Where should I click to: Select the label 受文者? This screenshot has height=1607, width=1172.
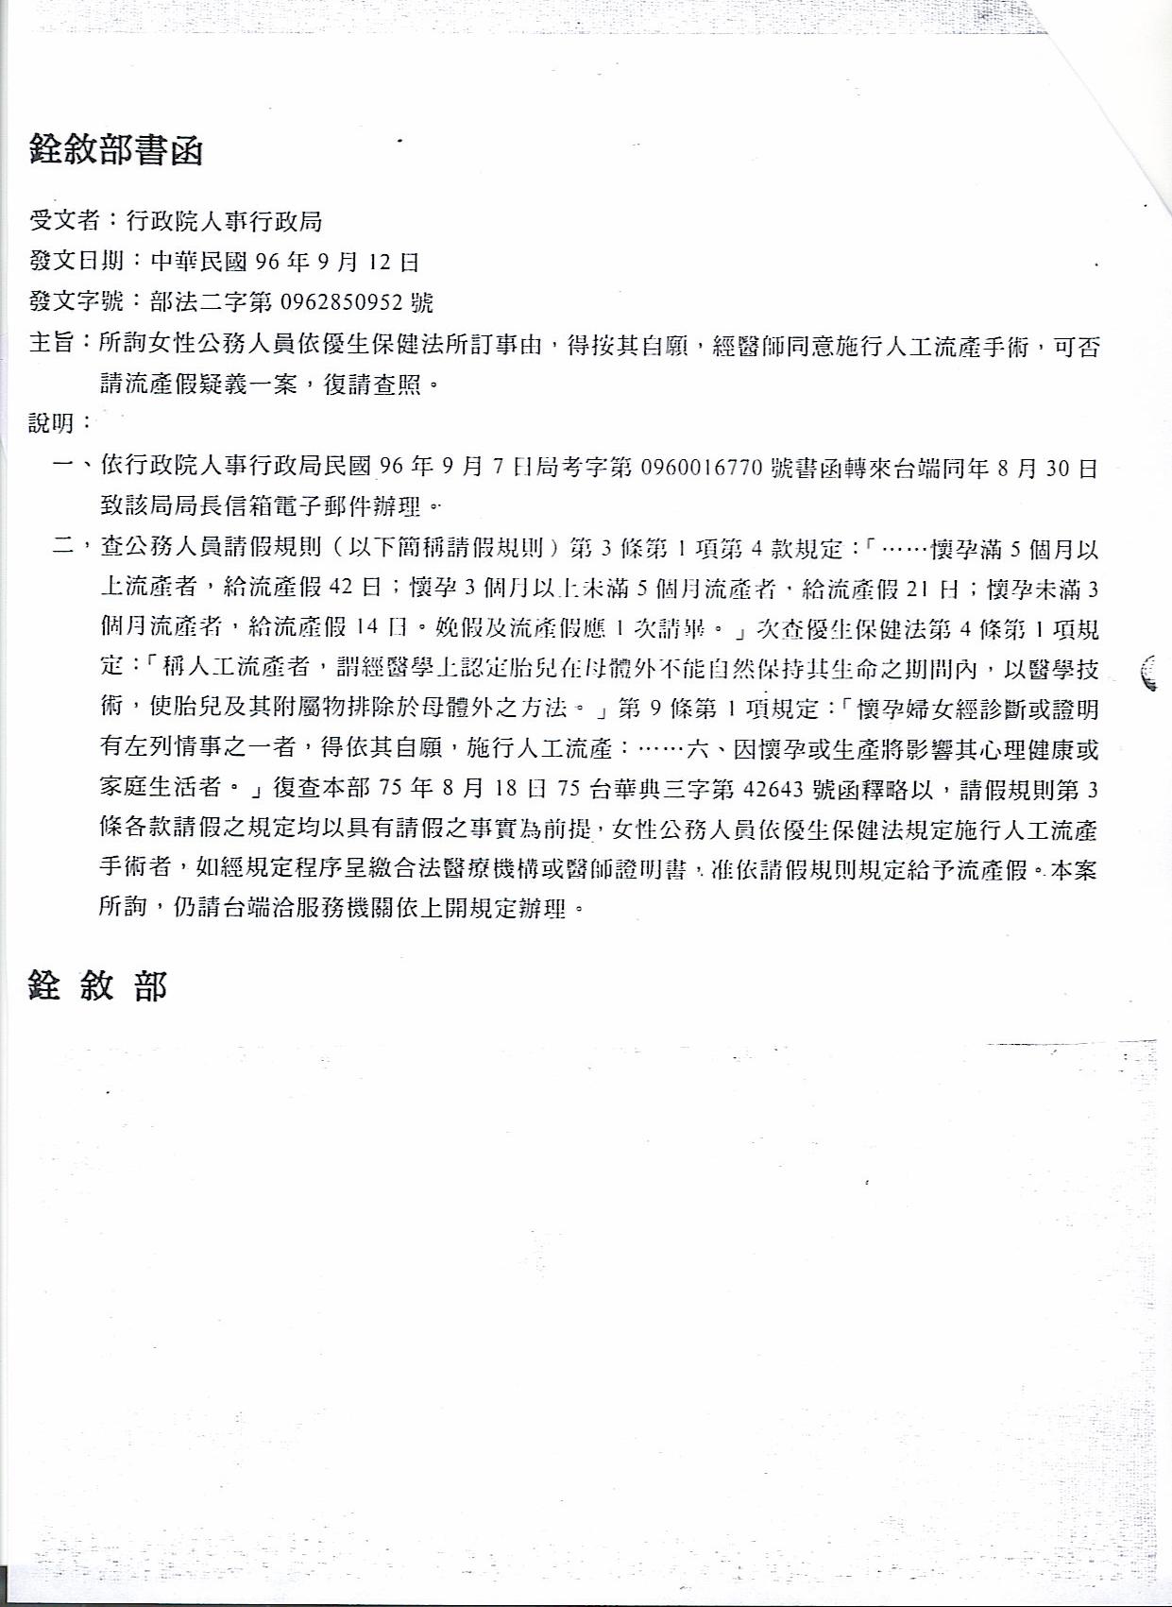pyautogui.click(x=65, y=221)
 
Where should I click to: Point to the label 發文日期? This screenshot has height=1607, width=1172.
pyautogui.click(x=76, y=262)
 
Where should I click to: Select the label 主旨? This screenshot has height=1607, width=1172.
pyautogui.click(x=51, y=344)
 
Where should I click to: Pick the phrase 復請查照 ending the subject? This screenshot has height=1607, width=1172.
pyautogui.click(x=372, y=385)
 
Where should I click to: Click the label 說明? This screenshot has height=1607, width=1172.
pyautogui.click(x=51, y=423)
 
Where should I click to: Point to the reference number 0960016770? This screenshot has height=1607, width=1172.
pyautogui.click(x=701, y=467)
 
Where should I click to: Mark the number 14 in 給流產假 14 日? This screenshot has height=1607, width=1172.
pyautogui.click(x=368, y=627)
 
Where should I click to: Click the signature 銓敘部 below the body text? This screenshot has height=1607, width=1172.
pyautogui.click(x=98, y=986)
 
